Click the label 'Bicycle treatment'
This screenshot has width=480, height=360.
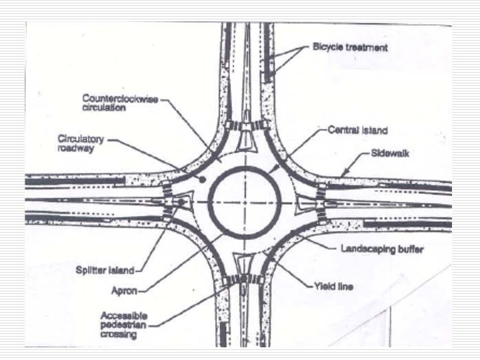(350, 48)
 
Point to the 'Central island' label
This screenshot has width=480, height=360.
(357, 130)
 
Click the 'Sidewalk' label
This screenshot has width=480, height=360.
(390, 154)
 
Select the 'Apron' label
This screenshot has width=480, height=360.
(125, 291)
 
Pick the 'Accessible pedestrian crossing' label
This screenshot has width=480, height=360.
(125, 325)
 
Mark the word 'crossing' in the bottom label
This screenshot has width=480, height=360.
(119, 335)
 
